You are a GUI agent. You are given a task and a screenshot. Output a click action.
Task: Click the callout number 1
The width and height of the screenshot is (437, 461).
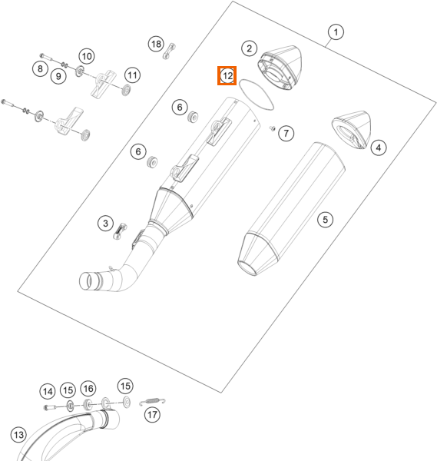coord(336,32)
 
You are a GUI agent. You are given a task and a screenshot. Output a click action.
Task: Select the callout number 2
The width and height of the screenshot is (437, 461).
coord(249,48)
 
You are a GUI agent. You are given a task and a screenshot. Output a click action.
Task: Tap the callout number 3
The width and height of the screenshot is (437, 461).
coord(105,223)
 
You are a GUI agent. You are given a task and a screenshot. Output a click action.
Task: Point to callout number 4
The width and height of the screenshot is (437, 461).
coord(378,148)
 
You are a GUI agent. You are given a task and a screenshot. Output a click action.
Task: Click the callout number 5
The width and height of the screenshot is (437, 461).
coord(325,219)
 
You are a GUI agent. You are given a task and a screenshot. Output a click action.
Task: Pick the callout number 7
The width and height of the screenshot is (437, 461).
coord(286,133)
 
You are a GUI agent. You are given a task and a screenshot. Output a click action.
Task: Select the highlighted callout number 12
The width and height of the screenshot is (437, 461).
coord(227,76)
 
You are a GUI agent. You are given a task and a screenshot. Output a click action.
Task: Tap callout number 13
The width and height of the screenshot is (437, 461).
coord(18,435)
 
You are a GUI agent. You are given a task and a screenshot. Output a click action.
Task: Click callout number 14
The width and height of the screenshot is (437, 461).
coord(48,391)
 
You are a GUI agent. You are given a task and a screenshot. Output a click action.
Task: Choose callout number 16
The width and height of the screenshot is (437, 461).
coord(88,389)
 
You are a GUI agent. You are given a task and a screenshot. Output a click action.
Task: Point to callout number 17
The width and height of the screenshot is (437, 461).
coord(152,415)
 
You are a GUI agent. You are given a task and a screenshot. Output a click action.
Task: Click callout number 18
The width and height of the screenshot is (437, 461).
coord(156,44)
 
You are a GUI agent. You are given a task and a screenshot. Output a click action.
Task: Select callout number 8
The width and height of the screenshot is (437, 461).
coord(40,69)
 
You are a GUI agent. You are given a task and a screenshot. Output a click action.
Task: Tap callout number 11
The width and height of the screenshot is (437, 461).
coord(132,75)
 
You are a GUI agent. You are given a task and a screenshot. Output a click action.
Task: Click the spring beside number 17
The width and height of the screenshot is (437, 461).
coord(152,401)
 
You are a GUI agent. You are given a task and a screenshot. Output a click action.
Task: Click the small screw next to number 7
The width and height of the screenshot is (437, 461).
coord(273,128)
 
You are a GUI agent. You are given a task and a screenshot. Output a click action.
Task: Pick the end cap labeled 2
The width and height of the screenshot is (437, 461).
coord(280,68)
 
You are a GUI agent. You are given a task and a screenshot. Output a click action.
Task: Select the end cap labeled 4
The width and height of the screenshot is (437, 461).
coord(352,130)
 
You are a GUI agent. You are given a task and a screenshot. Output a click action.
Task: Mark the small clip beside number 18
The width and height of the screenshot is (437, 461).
coord(169,51)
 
